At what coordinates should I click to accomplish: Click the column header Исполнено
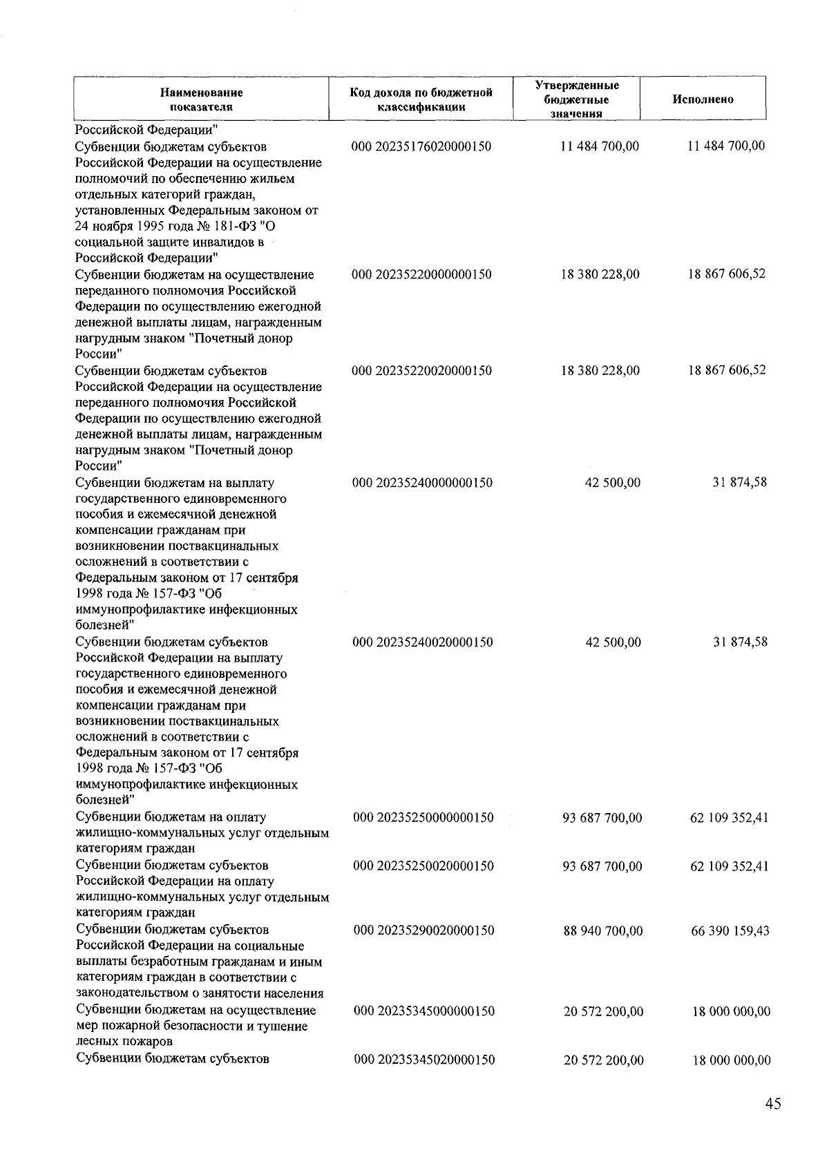point(703,99)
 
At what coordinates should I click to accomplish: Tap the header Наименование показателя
point(201,99)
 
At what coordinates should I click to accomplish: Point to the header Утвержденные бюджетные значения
point(576,99)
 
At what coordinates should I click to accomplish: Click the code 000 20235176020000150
point(421,146)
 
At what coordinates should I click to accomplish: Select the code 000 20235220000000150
point(421,274)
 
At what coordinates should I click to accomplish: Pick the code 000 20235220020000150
point(421,370)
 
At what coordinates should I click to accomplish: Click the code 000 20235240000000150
point(422,483)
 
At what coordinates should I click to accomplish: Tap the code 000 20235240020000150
point(422,642)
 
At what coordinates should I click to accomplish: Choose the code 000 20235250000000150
point(423,818)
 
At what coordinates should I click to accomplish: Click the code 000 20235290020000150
point(423,930)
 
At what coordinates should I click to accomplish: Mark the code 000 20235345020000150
point(423,1060)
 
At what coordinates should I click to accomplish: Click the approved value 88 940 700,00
point(603,931)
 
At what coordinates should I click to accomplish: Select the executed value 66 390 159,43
point(730,931)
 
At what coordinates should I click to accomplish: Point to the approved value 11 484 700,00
point(600,146)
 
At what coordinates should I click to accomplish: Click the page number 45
point(773,1104)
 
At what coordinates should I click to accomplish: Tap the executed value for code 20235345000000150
point(731,1012)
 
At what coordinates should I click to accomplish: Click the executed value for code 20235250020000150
point(729,866)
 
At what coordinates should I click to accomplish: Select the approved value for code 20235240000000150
point(612,483)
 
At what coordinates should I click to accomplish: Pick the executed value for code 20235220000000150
point(726,274)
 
